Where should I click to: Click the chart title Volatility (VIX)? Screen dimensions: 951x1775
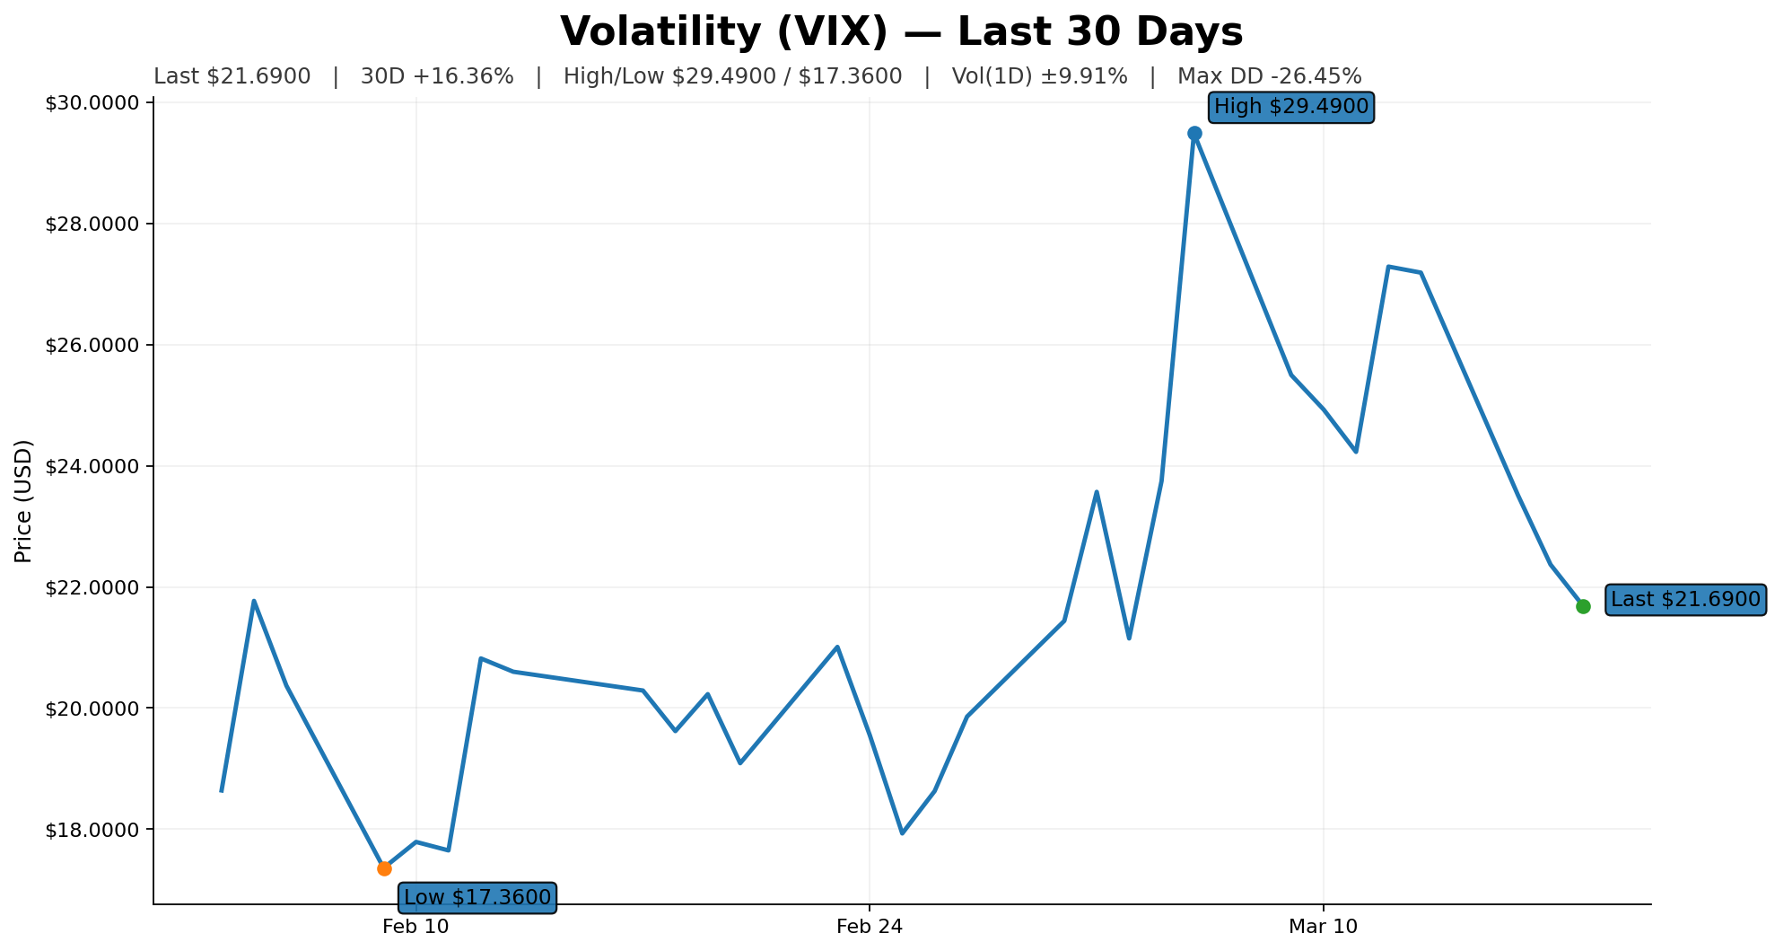coord(901,32)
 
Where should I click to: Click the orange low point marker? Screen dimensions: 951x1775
coord(384,868)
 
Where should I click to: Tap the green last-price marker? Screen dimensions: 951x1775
coord(1583,606)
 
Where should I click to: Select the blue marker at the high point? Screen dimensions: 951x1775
coord(1194,133)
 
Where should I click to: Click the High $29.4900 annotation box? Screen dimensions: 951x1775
coord(1290,108)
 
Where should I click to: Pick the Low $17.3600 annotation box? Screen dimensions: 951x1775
coord(477,897)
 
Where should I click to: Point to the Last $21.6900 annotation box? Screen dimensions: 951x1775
coord(1685,600)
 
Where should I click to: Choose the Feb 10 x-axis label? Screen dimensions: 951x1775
coord(415,927)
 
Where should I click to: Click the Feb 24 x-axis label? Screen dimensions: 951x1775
coord(870,927)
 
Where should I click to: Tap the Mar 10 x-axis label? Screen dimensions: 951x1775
coord(1323,927)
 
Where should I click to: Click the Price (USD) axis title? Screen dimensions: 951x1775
coord(24,501)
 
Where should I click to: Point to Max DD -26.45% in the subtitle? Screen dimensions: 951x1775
coord(1270,76)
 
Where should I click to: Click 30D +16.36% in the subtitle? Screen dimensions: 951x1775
coord(437,76)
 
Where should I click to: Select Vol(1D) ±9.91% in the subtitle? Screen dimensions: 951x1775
coord(1039,76)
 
